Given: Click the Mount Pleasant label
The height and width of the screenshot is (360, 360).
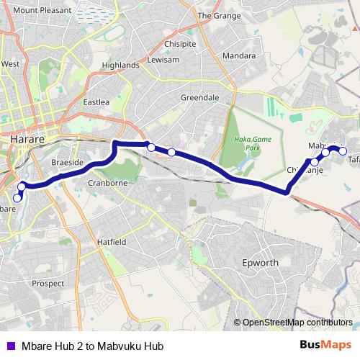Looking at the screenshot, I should tap(42, 11).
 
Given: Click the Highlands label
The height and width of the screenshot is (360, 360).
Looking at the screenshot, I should tap(120, 65).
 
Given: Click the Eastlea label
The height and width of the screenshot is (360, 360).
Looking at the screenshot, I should tap(96, 102).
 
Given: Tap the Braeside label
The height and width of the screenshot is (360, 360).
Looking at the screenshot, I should tap(68, 163).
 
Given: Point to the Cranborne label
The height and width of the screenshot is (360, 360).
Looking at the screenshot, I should tap(107, 183).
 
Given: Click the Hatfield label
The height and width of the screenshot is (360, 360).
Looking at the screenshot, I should tap(112, 242).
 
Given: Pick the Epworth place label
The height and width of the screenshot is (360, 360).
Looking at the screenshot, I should tap(260, 263).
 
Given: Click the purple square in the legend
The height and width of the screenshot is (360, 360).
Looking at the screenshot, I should tap(10, 346).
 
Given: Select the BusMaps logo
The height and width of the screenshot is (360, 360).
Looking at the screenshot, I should tap(325, 345).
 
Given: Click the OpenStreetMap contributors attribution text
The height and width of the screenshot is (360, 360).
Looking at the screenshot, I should tap(297, 323).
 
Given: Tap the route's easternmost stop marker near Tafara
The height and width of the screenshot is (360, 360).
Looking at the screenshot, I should tap(343, 151).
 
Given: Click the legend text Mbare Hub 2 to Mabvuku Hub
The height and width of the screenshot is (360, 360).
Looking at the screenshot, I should tap(92, 346).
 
